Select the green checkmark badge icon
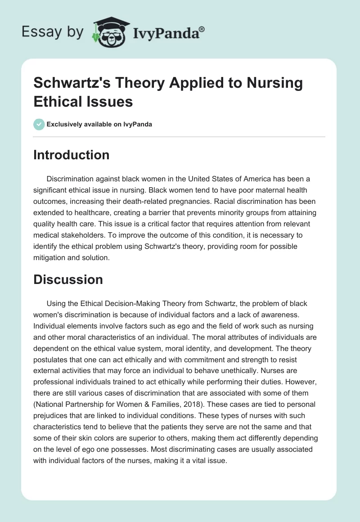(39, 124)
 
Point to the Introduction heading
(72, 155)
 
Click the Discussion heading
(68, 279)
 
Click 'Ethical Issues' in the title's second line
(83, 102)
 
